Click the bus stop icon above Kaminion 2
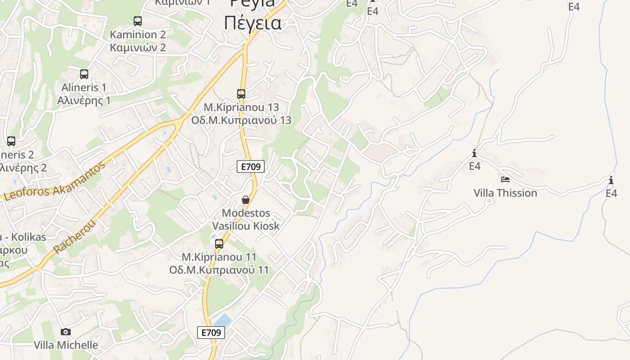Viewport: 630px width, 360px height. point(138,21)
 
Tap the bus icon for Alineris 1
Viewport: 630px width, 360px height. point(84,74)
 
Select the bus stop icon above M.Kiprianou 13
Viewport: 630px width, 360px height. point(241,94)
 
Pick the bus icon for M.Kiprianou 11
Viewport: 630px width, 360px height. point(219,244)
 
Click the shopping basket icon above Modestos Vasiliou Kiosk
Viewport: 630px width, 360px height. point(246,200)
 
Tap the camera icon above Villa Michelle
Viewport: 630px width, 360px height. point(66,332)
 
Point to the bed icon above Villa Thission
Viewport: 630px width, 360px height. point(505,180)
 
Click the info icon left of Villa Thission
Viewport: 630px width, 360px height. point(474,153)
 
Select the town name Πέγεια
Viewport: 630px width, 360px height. point(252,22)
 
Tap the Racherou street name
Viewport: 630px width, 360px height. point(75,237)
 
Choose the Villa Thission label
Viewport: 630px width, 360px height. point(505,193)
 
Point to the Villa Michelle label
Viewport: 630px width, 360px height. point(66,345)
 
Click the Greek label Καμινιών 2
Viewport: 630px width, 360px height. point(138,47)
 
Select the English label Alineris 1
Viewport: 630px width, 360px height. point(84,87)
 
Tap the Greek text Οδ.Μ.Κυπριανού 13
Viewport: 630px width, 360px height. point(241,121)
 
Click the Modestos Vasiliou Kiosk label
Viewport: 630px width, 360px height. point(246,219)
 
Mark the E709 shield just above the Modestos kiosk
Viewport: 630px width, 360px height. point(251,166)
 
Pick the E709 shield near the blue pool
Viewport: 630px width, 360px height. point(211,333)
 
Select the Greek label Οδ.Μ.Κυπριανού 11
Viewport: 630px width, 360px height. point(219,270)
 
